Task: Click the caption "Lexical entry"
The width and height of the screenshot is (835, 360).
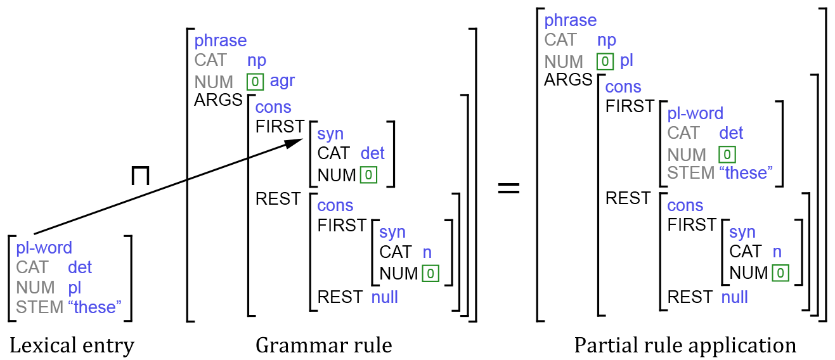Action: pos(72,345)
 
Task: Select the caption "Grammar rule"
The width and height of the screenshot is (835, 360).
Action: pos(323,345)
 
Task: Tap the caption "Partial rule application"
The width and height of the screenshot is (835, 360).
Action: pos(685,345)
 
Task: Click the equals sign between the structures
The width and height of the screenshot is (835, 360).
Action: pos(508,188)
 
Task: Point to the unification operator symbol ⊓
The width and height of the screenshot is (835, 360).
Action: pos(140,176)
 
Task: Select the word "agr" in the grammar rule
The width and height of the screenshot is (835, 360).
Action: pos(282,81)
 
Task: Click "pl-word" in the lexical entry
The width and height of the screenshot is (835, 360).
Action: pos(44,247)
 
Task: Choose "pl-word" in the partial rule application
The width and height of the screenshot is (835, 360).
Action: pos(696,113)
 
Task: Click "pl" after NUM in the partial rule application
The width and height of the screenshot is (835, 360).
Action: pos(626,61)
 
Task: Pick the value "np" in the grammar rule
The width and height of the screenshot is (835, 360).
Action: pos(257,60)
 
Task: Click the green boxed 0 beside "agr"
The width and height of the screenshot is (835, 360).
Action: pos(255,81)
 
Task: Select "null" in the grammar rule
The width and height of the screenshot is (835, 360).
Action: pos(384,297)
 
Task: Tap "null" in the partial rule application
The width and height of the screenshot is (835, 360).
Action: pos(735,297)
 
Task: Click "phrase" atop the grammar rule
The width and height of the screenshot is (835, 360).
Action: pos(220,41)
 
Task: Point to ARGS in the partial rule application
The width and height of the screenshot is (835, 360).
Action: pos(567,80)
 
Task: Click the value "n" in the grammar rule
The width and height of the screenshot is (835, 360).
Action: pos(427,252)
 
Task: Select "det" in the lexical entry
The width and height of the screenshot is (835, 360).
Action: pos(80,267)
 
